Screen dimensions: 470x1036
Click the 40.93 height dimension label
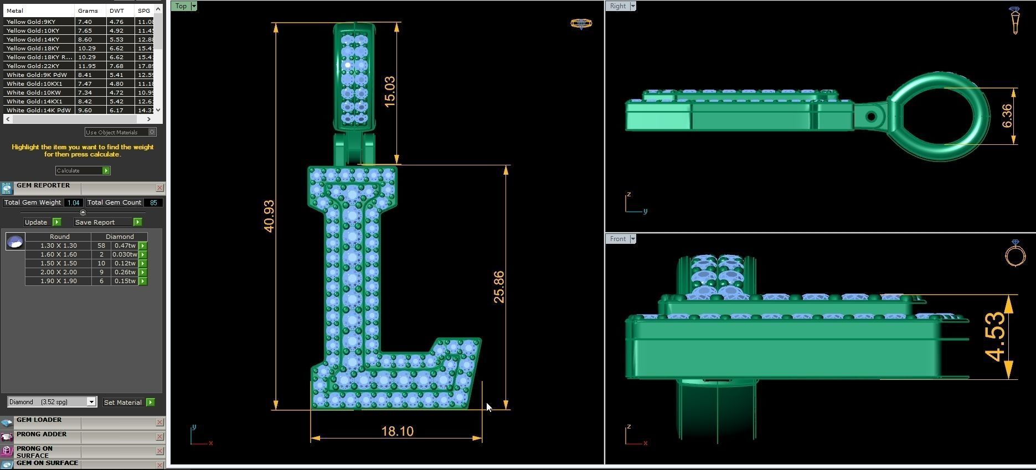coord(269,216)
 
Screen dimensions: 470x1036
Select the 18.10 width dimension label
coord(397,431)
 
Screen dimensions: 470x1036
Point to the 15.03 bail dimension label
coord(389,91)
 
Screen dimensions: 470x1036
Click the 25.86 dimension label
coord(499,286)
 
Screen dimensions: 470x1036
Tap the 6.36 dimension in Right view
coord(1007,116)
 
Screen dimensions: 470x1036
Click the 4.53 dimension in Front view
coord(996,336)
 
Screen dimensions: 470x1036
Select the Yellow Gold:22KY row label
coord(33,66)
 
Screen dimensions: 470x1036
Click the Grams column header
coord(87,11)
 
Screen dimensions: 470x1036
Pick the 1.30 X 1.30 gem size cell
coord(59,246)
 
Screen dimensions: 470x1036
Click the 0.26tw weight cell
coord(125,272)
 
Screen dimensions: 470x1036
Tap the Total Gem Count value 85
coord(153,202)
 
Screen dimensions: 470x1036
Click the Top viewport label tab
coord(181,6)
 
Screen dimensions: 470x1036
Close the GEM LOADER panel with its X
coord(159,422)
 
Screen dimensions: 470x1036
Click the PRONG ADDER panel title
coord(42,435)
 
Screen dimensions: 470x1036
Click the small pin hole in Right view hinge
coord(870,117)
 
